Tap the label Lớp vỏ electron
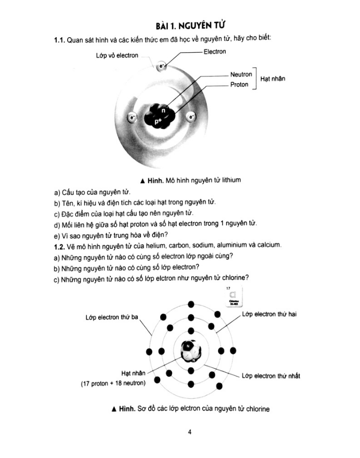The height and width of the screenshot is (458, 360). click(x=117, y=56)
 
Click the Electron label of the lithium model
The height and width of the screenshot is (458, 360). click(x=215, y=52)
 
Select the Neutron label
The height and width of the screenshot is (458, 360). click(x=241, y=74)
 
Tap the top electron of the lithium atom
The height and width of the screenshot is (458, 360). click(x=162, y=66)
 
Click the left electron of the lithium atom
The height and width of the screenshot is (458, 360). click(x=133, y=117)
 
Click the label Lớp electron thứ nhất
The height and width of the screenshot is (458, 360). click(x=271, y=376)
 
